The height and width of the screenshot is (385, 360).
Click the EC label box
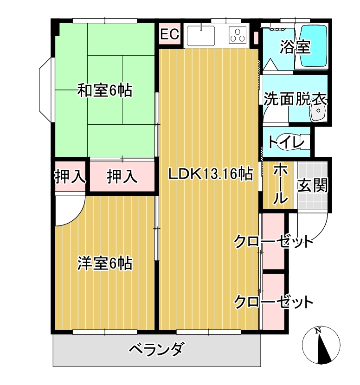tap(170, 34)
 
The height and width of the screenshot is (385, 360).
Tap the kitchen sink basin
tap(201, 36)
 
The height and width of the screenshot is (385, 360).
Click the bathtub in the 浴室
tap(314, 46)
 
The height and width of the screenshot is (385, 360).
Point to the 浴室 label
tap(296, 47)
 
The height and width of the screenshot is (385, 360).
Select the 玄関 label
tap(313, 185)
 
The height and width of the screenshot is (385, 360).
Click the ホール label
tap(280, 184)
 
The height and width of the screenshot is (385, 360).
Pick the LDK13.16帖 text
tap(211, 174)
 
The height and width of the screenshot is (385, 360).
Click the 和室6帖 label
tap(105, 90)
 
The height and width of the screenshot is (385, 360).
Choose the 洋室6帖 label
tap(105, 263)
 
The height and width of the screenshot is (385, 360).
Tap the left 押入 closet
tap(70, 176)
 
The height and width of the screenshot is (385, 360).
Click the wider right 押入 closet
tap(122, 176)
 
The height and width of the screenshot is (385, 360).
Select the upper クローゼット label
tap(273, 242)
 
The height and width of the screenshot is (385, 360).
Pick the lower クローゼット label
tap(273, 302)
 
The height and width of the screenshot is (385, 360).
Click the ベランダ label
tap(156, 349)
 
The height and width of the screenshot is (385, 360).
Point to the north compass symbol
tap(321, 345)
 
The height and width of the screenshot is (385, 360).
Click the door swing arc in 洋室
tap(77, 216)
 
